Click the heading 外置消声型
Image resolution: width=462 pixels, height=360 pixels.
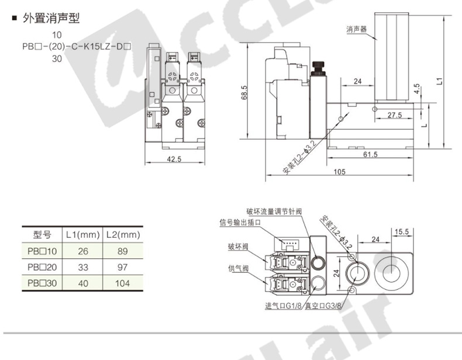(51, 18)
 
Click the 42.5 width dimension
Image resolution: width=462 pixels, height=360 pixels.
(174, 159)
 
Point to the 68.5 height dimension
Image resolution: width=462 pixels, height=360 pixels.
(244, 92)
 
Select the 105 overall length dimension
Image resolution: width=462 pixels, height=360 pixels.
(339, 172)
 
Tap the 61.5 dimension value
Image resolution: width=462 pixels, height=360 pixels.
(370, 154)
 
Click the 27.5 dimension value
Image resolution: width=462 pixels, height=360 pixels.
(395, 115)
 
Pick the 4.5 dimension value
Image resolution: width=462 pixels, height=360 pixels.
(416, 89)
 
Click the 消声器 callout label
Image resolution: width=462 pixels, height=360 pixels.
(356, 29)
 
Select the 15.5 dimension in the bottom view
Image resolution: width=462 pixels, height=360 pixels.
(402, 231)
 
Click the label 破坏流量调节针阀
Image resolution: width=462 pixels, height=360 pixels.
(274, 212)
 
